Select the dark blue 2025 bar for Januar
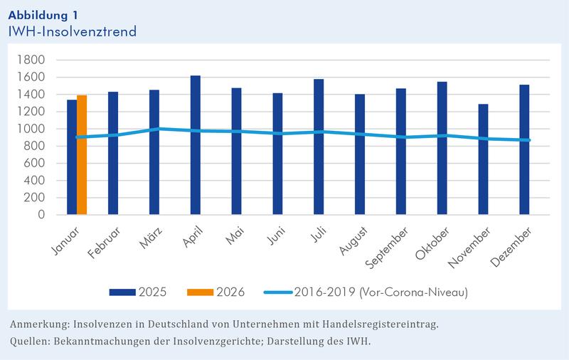pos(72,157)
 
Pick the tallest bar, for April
pos(196,145)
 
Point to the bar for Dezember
pos(525,149)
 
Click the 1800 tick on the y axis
pos(32,60)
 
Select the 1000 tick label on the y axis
pos(32,129)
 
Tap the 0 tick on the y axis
pos(42,214)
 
